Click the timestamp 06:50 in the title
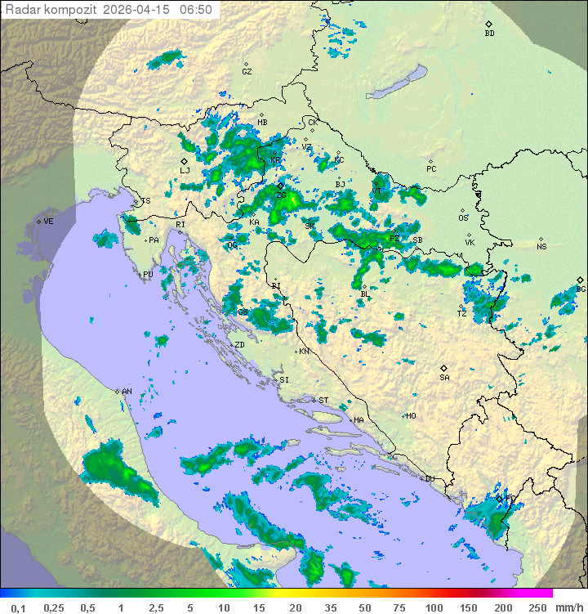coord(196,10)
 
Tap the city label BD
coord(489,34)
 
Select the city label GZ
coord(247,72)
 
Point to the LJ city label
coord(185,171)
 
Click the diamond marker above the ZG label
coord(280,186)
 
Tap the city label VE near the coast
coord(48,222)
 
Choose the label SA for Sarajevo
coord(444,378)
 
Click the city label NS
coord(541,247)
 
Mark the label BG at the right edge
coord(581,289)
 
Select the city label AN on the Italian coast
coord(127,392)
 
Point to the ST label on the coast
coord(323,401)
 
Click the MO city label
coord(411,416)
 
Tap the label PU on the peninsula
coord(148,276)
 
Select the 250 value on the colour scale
coord(537,607)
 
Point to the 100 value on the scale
coord(434,607)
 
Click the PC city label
coord(432,169)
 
